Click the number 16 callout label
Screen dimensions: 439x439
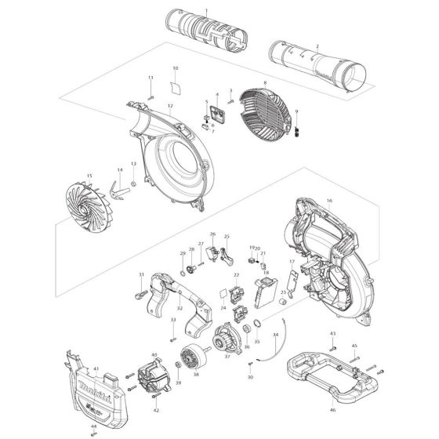pos(329,201)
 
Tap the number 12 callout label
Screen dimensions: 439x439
pos(169,105)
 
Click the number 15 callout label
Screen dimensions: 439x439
pos(89,176)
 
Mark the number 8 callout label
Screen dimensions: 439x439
pos(266,82)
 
